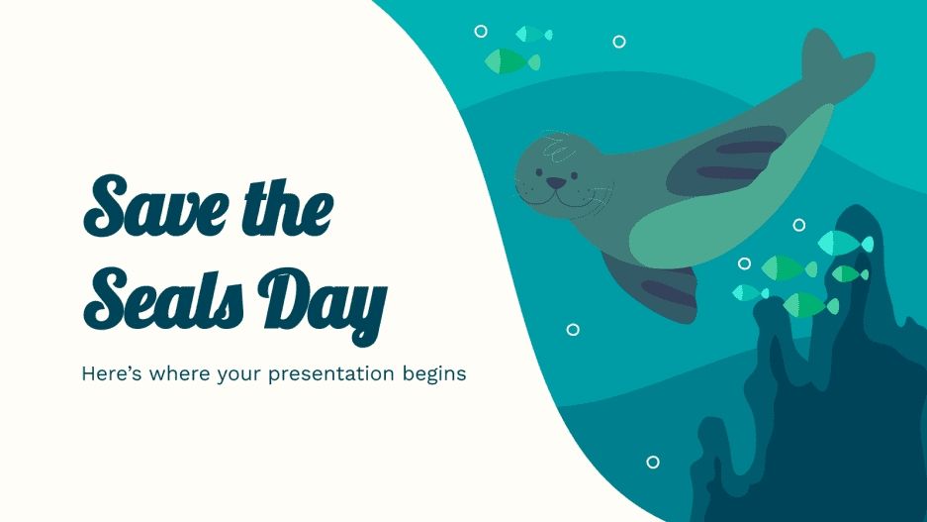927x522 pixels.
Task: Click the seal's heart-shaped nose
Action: coord(558,182)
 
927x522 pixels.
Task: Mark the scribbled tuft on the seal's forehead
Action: coord(560,152)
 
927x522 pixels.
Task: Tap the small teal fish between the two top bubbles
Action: coord(533,34)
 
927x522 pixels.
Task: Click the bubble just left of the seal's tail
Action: coord(619,42)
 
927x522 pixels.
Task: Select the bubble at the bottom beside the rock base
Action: coord(652,462)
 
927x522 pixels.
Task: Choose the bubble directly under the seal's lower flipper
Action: coord(573,330)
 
